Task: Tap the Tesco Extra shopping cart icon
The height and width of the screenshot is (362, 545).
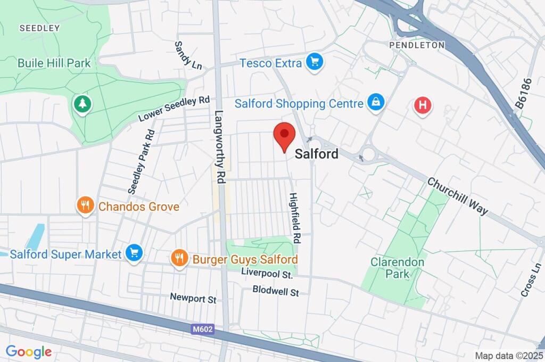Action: [x=315, y=62]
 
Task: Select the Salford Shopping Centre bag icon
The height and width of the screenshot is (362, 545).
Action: [x=376, y=103]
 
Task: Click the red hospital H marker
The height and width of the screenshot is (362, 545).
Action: [x=423, y=105]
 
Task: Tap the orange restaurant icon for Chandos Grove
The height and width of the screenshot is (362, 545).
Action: [x=85, y=205]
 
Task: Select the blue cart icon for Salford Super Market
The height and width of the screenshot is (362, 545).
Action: [x=134, y=253]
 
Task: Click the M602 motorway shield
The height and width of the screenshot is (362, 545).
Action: [x=203, y=329]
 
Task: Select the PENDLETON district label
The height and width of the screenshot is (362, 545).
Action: [x=417, y=45]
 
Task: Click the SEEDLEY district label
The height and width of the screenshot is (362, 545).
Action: [x=40, y=28]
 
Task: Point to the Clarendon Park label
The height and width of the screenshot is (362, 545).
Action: [x=398, y=268]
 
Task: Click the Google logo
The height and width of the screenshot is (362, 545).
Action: [x=29, y=351]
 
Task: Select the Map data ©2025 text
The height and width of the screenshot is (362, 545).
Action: [x=508, y=355]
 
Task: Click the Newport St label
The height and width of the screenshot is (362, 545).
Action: [x=193, y=298]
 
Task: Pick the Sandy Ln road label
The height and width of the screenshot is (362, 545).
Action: [x=188, y=55]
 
